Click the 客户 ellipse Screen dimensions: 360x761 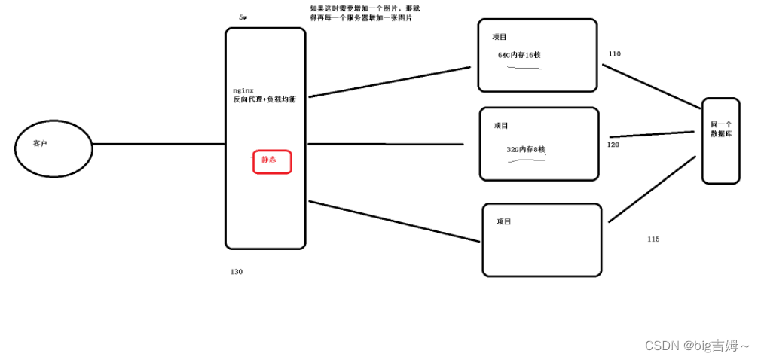[x=53, y=148]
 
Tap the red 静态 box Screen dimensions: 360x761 [x=270, y=160]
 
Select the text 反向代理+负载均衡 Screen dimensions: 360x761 [x=264, y=99]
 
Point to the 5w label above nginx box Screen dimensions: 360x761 [x=243, y=17]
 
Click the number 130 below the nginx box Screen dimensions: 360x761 [x=236, y=271]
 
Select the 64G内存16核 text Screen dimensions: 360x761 [x=520, y=55]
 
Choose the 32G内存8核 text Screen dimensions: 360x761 [x=525, y=149]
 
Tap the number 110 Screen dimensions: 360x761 [x=614, y=54]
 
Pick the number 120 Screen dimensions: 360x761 [x=613, y=144]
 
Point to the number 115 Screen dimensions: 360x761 [x=653, y=239]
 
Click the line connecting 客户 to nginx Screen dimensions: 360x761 [x=158, y=144]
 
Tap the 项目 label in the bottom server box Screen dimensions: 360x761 [x=504, y=222]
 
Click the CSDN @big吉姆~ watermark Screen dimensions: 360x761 [x=696, y=346]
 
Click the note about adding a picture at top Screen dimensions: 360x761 [x=360, y=12]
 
